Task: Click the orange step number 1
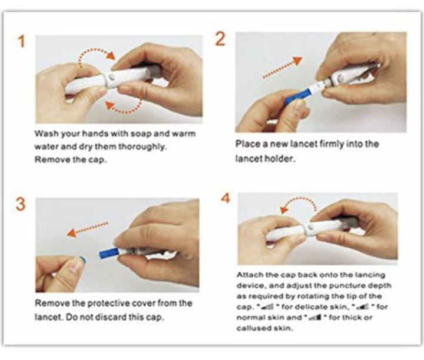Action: [x=22, y=42]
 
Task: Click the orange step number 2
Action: [x=220, y=39]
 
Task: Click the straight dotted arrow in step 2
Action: [x=281, y=68]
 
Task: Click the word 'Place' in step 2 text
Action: [x=247, y=144]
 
